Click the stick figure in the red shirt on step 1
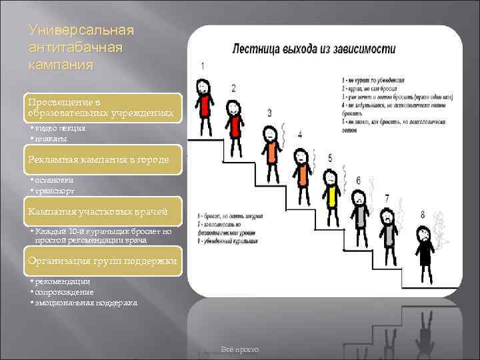tap(203, 107)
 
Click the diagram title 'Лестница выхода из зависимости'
tap(313, 49)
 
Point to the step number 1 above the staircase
tap(202, 65)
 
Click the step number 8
tap(422, 214)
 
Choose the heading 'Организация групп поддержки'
tap(102, 261)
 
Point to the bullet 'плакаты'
tap(51, 139)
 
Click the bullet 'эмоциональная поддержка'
tap(85, 303)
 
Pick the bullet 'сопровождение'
tap(64, 292)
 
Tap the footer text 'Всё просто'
tap(239, 350)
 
